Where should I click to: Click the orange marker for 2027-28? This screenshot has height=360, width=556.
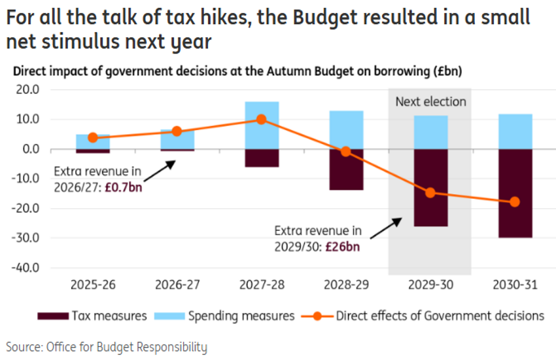(x=261, y=120)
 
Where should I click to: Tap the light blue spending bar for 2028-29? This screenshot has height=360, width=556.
(x=345, y=130)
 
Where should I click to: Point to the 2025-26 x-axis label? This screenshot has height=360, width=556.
(x=92, y=285)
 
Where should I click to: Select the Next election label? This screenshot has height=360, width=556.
(x=430, y=102)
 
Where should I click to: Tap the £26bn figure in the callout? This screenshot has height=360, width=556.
(x=343, y=247)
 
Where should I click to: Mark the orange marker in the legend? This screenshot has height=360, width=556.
(x=317, y=316)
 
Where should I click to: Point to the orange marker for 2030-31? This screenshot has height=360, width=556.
(x=514, y=202)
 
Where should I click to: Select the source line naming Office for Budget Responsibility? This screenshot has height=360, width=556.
(x=107, y=346)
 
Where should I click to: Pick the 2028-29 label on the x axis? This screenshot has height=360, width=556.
(x=345, y=285)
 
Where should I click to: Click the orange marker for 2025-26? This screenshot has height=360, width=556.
(x=92, y=137)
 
